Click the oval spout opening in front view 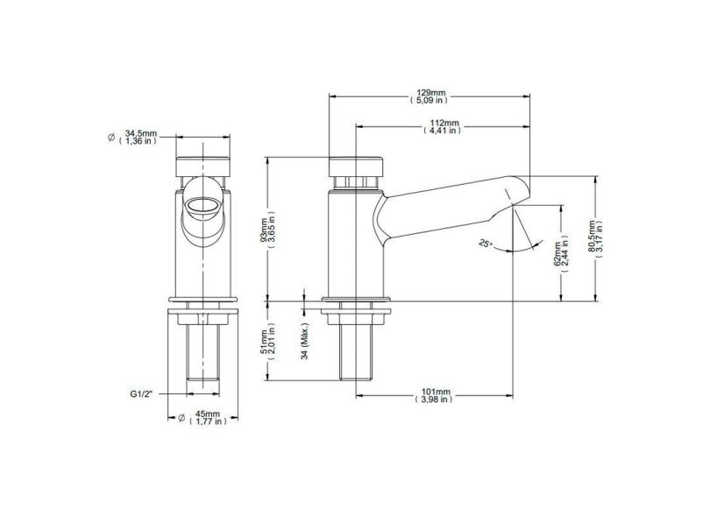202,208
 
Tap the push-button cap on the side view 356,166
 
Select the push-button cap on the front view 202,166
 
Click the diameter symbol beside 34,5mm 110,138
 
